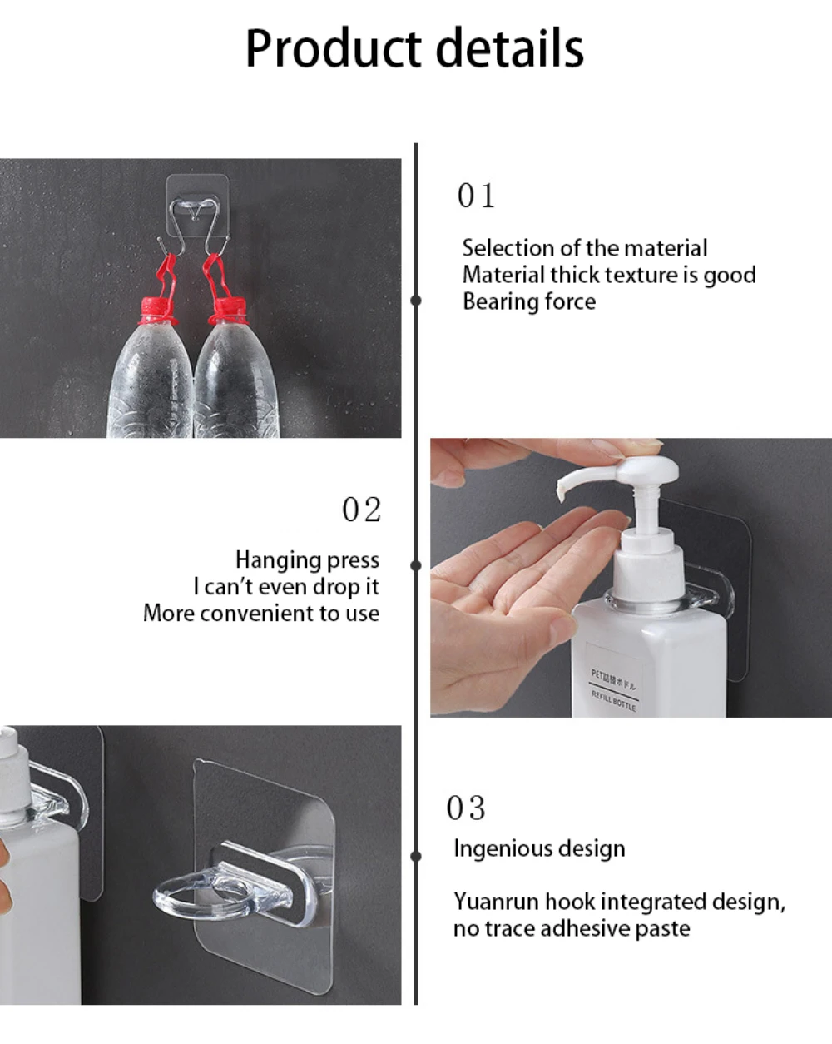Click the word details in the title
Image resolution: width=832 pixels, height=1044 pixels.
coord(510,47)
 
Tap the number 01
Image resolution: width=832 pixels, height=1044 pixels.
coord(476,196)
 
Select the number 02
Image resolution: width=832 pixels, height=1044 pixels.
coord(362,510)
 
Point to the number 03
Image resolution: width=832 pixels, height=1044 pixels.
coord(465,808)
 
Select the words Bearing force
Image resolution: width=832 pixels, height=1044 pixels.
coord(529,301)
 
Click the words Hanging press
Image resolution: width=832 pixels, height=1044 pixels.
coord(307,560)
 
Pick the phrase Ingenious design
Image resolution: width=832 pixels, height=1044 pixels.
coord(539,849)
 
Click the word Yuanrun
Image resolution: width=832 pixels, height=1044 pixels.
coord(497,902)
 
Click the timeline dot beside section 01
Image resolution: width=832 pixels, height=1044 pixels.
coord(415,301)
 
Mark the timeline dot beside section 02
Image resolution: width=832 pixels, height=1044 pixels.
coord(415,565)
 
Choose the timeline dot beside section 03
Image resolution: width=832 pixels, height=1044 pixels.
coord(415,856)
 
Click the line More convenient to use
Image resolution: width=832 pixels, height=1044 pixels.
coord(261,614)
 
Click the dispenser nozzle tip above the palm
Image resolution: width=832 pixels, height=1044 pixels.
coord(561,496)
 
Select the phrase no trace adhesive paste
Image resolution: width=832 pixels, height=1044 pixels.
coord(572,929)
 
